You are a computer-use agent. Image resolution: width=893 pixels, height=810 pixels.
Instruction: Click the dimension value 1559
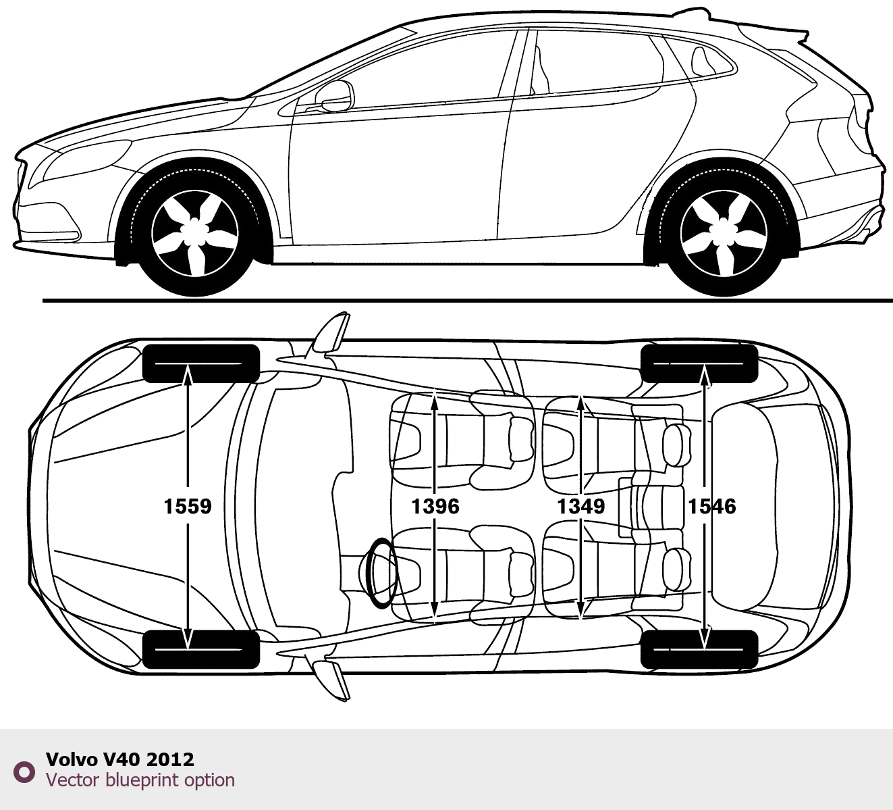188,506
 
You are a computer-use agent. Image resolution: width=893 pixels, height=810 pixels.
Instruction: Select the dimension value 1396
435,506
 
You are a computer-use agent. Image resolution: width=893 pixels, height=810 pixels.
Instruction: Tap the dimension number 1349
580,506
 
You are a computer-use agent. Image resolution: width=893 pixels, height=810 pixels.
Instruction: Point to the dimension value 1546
712,506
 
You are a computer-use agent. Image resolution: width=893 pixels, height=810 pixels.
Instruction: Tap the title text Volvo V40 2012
120,759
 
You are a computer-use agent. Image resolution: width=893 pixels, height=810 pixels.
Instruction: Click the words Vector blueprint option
140,780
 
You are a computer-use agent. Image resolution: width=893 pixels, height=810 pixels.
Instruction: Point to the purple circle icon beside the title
24,771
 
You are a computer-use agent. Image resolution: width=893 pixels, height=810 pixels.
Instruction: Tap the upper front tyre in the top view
200,363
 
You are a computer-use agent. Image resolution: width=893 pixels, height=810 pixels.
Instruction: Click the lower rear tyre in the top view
699,649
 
